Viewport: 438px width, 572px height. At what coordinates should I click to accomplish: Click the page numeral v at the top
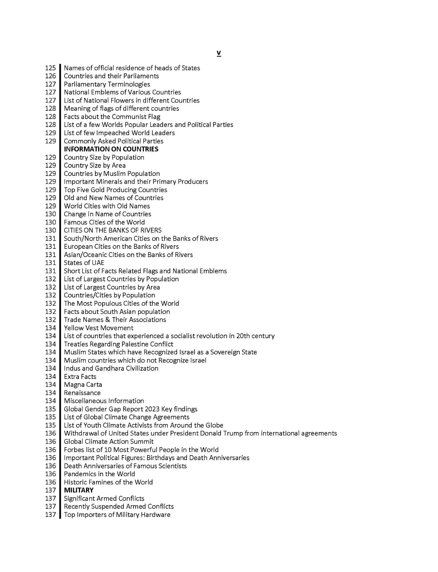tap(219, 54)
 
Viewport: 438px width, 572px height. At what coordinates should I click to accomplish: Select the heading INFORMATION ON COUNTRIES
tap(111, 149)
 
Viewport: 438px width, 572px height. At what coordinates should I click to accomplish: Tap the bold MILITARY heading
tap(79, 490)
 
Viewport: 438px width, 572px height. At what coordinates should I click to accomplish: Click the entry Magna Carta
tap(83, 385)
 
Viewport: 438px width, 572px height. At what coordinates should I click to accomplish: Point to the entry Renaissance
tap(82, 393)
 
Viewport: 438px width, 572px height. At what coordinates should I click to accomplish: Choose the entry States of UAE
tap(84, 263)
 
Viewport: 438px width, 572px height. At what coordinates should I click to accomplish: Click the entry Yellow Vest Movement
tap(99, 328)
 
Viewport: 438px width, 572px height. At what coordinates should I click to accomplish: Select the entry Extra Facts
tap(80, 376)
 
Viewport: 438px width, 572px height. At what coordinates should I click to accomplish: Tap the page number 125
tap(50, 68)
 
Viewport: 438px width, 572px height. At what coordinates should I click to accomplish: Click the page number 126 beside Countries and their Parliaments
tap(50, 76)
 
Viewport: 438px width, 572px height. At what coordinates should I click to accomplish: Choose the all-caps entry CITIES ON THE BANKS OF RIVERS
tap(112, 230)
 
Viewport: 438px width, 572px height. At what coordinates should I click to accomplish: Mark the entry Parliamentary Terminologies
tap(107, 84)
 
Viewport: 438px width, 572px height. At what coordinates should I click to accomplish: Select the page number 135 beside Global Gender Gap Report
tap(50, 409)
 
